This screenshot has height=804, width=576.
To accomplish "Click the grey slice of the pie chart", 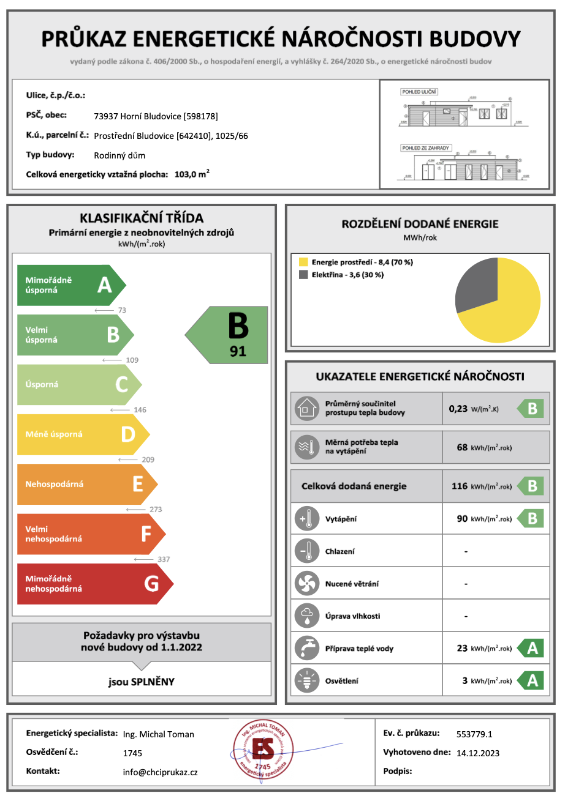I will click(475, 285).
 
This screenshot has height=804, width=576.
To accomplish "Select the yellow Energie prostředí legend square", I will click(303, 262).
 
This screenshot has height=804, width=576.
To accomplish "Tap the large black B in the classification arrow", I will click(238, 326).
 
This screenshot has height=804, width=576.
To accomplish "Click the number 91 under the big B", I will click(238, 351).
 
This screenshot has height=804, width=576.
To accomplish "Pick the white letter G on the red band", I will click(151, 584).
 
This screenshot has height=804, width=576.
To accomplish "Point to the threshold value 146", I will click(140, 410).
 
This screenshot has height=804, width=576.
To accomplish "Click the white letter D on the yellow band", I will click(128, 434).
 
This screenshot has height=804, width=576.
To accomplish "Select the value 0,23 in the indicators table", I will click(458, 409).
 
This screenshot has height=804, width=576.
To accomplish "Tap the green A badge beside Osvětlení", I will click(532, 680).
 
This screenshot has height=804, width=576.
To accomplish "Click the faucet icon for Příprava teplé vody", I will click(306, 648).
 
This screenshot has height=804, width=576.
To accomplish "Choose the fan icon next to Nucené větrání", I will click(306, 583).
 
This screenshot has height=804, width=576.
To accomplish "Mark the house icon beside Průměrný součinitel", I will click(306, 408).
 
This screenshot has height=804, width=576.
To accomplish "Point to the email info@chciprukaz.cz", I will click(160, 772).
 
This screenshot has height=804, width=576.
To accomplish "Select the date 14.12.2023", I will click(478, 753).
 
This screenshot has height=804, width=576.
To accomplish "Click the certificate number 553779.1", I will click(474, 734).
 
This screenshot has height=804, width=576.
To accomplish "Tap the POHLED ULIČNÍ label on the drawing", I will click(419, 92).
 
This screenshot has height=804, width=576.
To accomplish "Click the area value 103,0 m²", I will click(192, 174).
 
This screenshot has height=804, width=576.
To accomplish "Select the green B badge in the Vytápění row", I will click(532, 519).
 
